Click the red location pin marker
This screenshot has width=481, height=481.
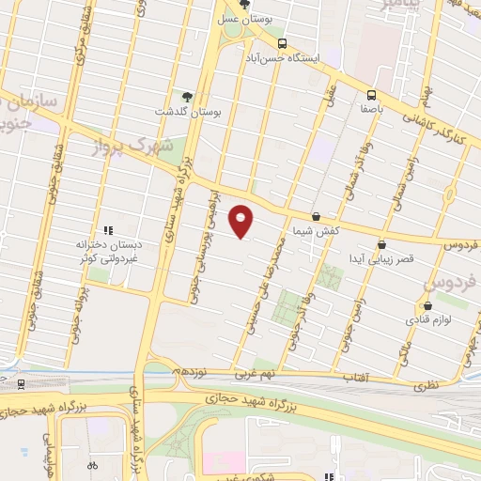click(242, 221)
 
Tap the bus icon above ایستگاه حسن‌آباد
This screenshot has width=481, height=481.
click(283, 43)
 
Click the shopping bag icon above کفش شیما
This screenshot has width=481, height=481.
click(316, 216)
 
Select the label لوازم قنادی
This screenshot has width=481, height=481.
click(427, 319)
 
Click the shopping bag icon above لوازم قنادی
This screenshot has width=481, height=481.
click(427, 304)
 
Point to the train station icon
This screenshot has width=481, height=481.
click(21, 383)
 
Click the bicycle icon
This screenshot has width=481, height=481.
click(92, 465)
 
